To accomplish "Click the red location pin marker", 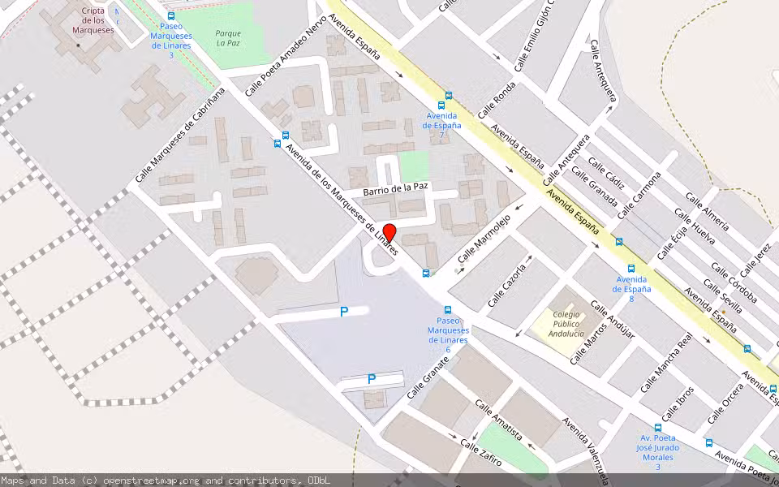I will tap(389, 232).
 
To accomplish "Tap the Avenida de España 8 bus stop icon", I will tap(631, 269).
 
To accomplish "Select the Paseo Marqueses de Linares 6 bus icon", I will tap(448, 310).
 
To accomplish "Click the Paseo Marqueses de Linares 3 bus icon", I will tap(171, 16).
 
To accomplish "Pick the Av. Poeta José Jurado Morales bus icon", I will tap(657, 427).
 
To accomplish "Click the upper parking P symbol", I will tap(344, 311).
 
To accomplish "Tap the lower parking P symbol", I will tap(372, 378).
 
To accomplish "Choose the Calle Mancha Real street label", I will tap(667, 363).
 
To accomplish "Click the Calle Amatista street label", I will tap(498, 420).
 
